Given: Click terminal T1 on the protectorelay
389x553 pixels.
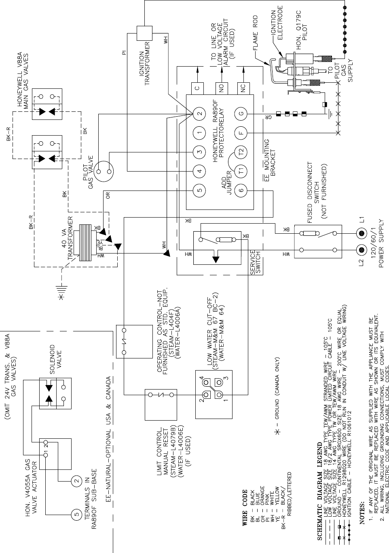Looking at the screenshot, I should pyautogui.click(x=241, y=171).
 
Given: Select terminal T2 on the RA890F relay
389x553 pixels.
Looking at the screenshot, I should pyautogui.click(x=241, y=152).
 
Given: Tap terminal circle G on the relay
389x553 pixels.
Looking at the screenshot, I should pyautogui.click(x=241, y=113).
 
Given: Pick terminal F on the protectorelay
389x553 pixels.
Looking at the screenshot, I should pyautogui.click(x=241, y=132).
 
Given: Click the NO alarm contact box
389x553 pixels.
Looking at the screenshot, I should pyautogui.click(x=221, y=88).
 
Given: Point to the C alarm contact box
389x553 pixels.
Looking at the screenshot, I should pyautogui.click(x=197, y=88).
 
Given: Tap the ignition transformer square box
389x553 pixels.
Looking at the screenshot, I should pyautogui.click(x=143, y=33).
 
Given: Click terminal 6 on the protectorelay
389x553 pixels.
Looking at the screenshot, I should pyautogui.click(x=241, y=190).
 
